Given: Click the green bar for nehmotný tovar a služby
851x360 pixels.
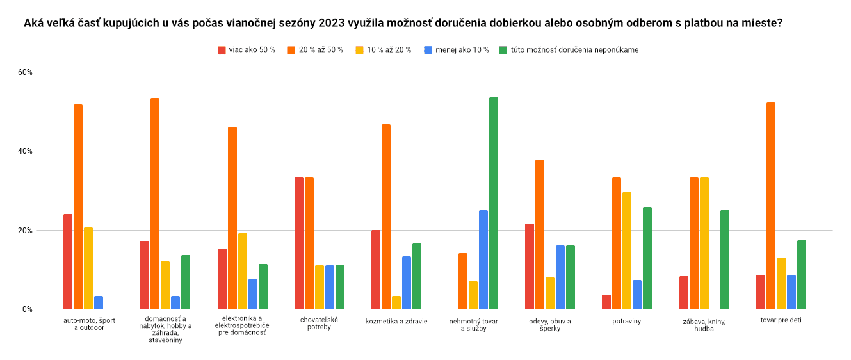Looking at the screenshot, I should coord(494,204).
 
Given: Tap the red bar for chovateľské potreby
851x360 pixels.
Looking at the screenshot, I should coord(299,243).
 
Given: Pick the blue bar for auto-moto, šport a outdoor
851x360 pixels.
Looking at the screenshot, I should coord(99,303).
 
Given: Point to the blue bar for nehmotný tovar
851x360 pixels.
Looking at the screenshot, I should coord(483,259).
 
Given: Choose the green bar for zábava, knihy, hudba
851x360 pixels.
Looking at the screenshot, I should coord(725,259).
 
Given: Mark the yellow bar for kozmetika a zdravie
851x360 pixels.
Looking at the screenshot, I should coord(396,303).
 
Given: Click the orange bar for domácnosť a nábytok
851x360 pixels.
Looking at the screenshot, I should coord(155,204).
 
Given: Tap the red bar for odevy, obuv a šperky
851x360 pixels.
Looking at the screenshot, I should coord(530,266).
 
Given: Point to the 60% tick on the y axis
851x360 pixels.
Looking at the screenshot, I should coord(25,72).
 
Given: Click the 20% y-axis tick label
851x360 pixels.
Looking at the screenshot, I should coord(25,231).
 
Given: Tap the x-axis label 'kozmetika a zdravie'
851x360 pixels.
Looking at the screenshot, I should coord(396,320).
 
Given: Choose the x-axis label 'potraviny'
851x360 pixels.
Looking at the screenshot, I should coord(627,320).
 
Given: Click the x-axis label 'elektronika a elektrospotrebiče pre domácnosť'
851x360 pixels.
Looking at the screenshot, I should coord(242,325).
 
